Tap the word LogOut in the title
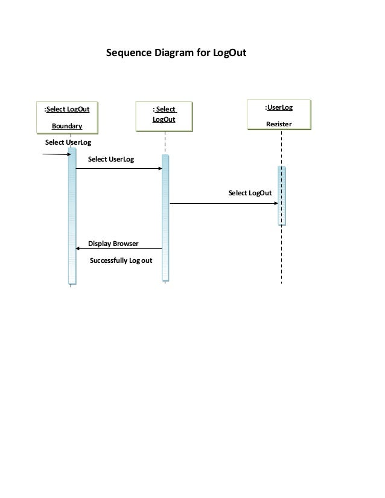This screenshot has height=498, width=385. point(229,53)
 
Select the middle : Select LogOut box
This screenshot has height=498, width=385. point(164,116)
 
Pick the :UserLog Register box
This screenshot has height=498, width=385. point(279,115)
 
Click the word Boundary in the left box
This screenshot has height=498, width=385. point(66,126)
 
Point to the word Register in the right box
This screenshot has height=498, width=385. point(279,124)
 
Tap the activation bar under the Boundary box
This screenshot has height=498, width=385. point(72,217)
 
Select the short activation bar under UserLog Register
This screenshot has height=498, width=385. point(281,195)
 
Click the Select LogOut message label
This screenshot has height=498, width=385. point(250,193)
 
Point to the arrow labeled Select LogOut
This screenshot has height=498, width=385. point(223,204)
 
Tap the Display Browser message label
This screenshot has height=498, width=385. point(113,244)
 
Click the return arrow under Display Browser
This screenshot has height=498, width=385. point(119,249)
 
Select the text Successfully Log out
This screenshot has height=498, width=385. point(121,260)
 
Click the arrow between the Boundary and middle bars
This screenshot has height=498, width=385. point(119,169)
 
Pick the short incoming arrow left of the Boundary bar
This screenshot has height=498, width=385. point(56,154)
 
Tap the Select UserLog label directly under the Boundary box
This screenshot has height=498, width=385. point(68,143)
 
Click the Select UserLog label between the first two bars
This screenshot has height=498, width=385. point(111,159)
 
